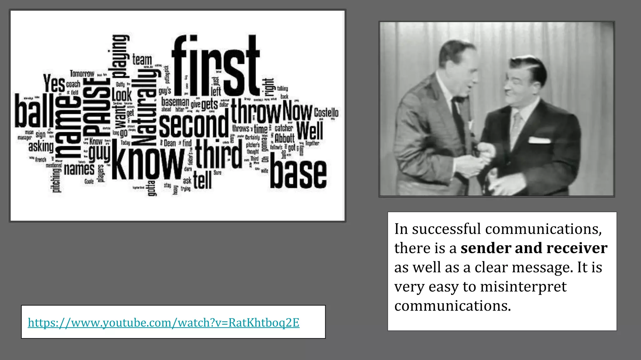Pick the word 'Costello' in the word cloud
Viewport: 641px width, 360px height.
click(326, 112)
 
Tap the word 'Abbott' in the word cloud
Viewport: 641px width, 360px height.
click(285, 138)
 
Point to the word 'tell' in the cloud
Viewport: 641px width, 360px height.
click(202, 180)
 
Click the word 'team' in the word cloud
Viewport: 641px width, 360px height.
click(142, 59)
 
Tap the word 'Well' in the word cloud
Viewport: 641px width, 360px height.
click(309, 130)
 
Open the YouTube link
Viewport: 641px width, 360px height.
click(163, 322)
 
